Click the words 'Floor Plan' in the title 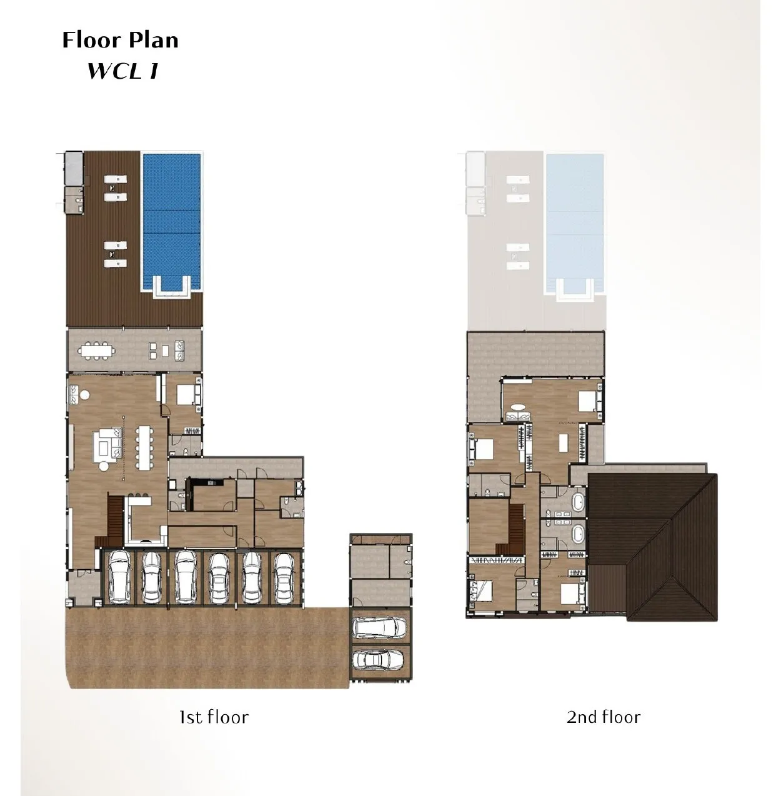tap(120, 40)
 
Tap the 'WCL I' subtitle tap(122, 71)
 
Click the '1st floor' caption tap(214, 717)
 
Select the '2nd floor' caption tap(604, 717)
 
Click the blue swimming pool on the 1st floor tap(172, 221)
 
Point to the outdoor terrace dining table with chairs tap(97, 351)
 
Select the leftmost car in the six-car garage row tap(118, 577)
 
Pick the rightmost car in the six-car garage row tap(284, 578)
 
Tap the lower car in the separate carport tap(378, 659)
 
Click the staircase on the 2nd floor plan tap(513, 529)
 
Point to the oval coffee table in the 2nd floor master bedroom tap(519, 407)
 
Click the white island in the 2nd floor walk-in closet tap(564, 442)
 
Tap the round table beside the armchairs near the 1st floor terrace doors tap(85, 395)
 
